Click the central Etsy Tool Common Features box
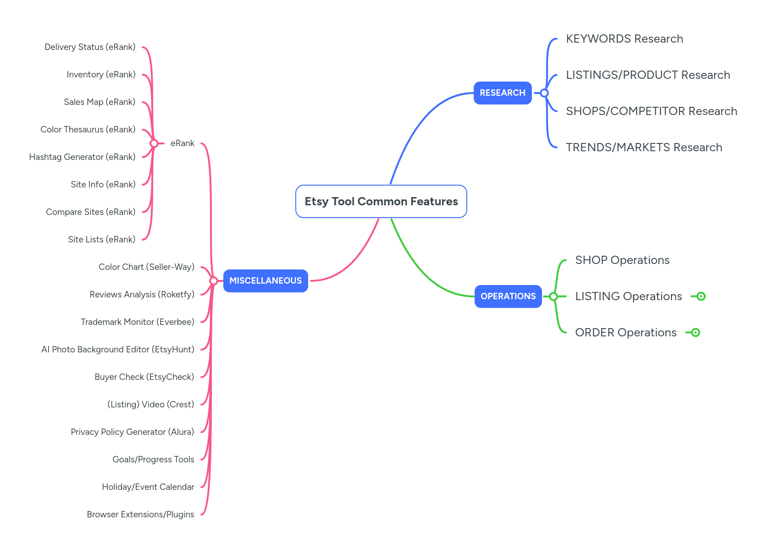[381, 202]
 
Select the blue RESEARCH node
[503, 93]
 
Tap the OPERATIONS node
[508, 296]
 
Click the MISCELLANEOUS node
[266, 281]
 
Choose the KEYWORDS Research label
[624, 39]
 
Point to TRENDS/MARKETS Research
[644, 148]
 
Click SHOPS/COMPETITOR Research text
[651, 111]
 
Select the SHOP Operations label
[622, 260]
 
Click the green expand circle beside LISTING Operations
[701, 296]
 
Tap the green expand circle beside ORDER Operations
[696, 333]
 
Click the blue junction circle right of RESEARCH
[544, 93]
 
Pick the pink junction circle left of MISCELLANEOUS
[213, 281]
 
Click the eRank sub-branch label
[183, 143]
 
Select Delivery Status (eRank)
[90, 47]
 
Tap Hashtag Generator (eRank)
[82, 157]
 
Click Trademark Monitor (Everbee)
[137, 322]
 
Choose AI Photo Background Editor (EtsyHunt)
[118, 350]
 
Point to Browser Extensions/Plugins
[140, 515]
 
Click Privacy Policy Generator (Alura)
[132, 432]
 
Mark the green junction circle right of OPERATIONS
[553, 296]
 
